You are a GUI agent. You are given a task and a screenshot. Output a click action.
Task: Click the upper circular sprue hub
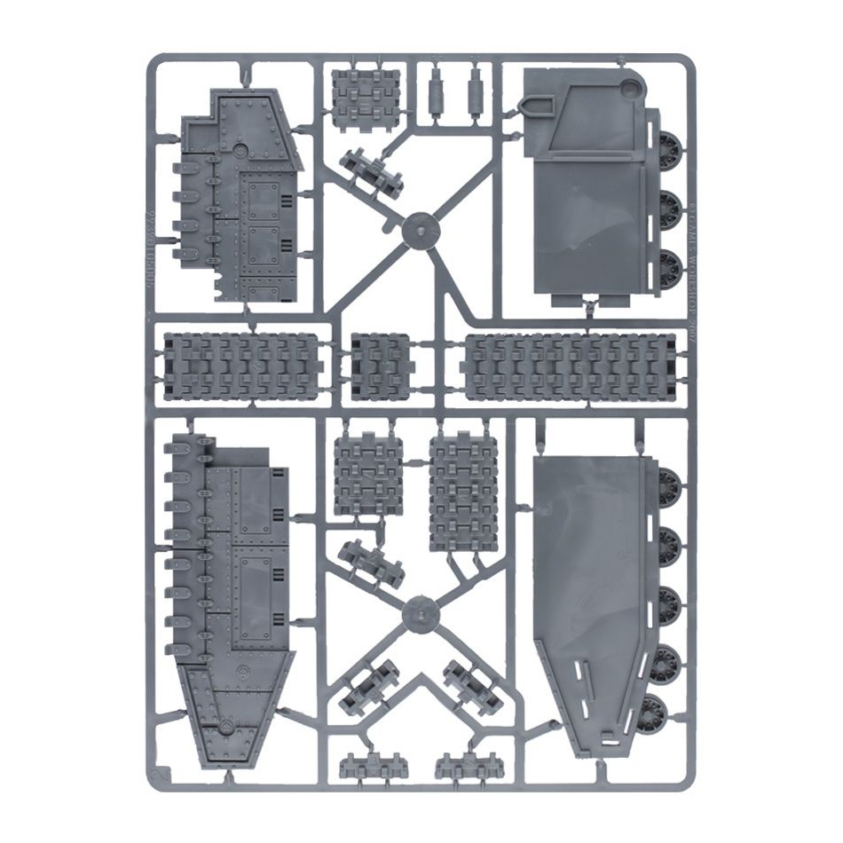click(421, 230)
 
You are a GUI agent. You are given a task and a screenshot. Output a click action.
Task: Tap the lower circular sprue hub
click(421, 613)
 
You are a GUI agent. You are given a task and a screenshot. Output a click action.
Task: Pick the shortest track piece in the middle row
click(381, 366)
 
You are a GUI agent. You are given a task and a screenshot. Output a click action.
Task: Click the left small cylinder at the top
click(435, 88)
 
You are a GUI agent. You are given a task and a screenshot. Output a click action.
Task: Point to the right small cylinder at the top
click(477, 88)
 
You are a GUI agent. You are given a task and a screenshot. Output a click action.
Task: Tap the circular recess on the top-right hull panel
click(630, 87)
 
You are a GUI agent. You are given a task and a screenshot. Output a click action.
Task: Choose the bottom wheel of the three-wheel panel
click(671, 269)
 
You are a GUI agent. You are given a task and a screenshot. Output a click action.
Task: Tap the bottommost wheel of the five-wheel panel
click(658, 713)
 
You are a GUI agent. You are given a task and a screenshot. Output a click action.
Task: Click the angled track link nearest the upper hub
click(371, 170)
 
